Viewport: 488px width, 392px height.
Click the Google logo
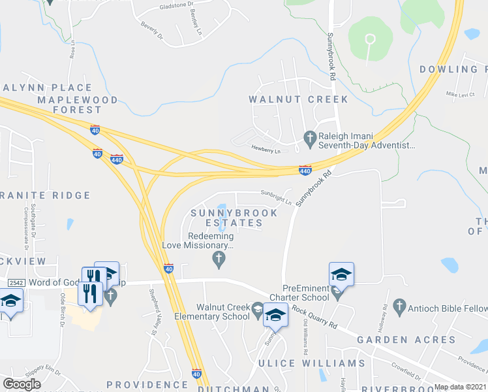coord(22,384)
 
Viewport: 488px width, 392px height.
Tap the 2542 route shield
coord(17,282)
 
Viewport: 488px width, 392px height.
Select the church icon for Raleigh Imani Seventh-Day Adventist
coord(310,137)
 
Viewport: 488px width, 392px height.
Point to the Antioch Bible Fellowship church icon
coord(399,306)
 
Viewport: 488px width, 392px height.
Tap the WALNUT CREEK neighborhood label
coord(298,99)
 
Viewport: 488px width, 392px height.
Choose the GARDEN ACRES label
coord(406,340)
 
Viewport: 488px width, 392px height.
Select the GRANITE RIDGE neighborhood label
coord(46,195)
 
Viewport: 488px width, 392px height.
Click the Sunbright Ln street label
coord(276,193)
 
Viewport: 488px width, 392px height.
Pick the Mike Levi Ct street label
coord(460,94)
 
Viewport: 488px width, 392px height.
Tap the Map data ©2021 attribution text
coord(460,387)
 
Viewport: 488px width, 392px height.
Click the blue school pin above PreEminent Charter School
coord(341,274)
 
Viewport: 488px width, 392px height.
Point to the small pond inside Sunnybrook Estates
coord(222,210)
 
